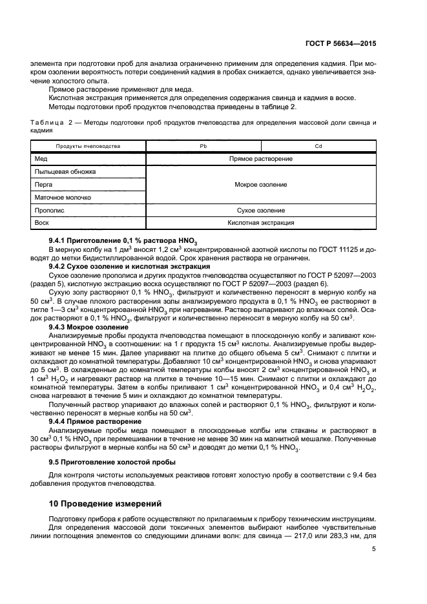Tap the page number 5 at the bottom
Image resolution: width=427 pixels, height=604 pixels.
(374, 550)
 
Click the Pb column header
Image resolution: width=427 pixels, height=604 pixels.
(203, 146)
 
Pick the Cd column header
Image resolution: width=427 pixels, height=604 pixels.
(318, 146)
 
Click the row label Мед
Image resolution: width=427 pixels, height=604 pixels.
(41, 159)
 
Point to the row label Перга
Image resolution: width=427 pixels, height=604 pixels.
(44, 185)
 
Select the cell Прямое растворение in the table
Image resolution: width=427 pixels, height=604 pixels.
(260, 159)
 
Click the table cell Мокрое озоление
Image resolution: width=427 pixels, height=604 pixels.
(260, 185)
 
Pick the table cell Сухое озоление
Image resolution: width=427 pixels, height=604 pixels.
(260, 211)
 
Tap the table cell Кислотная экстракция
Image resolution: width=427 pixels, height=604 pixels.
(260, 223)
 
